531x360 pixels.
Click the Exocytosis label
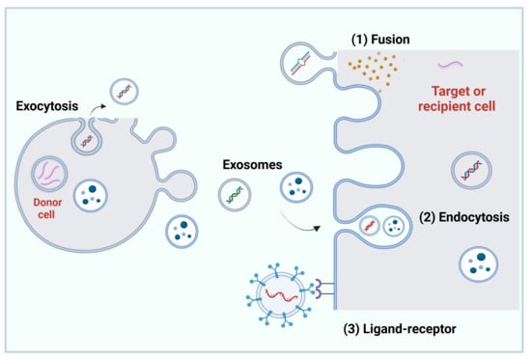pos(47,106)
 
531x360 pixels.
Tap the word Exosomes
pos(252,165)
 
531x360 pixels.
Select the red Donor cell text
pos(47,208)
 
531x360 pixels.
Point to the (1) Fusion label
pos(380,40)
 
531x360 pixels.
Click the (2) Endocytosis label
pos(464,217)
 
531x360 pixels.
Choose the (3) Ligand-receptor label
pos(400,329)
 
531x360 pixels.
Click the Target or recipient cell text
pos(457,98)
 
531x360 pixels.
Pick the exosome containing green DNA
pos(235,195)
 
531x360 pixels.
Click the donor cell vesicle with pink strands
pos(49,174)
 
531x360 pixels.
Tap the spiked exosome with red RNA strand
pos(280,294)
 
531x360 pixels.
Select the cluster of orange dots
pos(373,70)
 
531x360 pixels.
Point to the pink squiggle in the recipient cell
pos(450,65)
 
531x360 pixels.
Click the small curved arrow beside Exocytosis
pos(98,109)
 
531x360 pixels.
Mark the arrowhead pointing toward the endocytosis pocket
pos(317,229)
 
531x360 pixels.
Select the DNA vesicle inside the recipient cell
pos(471,170)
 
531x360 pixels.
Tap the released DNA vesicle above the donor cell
pos(125,92)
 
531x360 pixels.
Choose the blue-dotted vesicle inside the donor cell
pos(91,195)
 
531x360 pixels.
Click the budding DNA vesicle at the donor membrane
pos(87,140)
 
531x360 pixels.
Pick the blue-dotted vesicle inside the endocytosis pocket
pos(394,226)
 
